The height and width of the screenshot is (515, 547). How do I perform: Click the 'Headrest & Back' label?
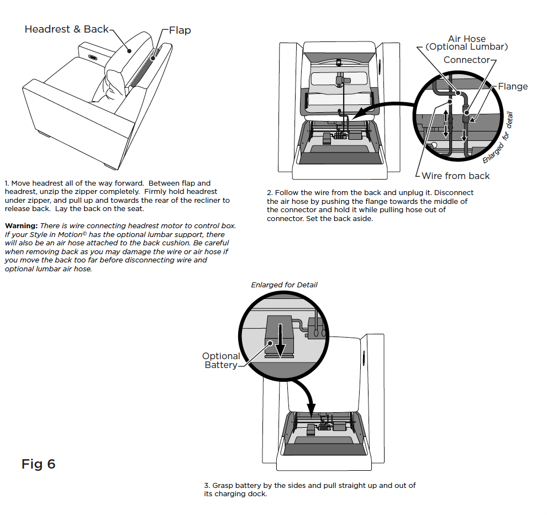pos(66,29)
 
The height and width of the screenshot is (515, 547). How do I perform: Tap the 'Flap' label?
pos(180,30)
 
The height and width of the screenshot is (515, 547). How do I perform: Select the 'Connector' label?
pos(466,60)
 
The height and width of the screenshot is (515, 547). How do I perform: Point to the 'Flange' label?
pos(513,86)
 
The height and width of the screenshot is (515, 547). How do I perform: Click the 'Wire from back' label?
pos(456,176)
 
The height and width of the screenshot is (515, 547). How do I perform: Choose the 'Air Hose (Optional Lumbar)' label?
pos(467,43)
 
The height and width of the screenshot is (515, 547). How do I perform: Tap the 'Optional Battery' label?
pos(221,360)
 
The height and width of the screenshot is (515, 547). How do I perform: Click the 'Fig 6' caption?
pos(38,464)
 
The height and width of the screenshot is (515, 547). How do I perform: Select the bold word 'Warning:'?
pos(22,226)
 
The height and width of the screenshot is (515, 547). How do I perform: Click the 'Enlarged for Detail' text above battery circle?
pos(284,285)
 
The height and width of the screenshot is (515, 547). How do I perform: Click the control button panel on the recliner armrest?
pos(93,57)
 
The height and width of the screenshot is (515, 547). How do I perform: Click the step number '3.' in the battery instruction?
pos(207,485)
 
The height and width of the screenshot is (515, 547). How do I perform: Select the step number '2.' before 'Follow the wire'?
pos(270,193)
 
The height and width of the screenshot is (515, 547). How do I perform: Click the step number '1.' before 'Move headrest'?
pos(7,183)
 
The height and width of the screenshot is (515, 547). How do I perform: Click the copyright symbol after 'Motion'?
pos(85,233)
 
